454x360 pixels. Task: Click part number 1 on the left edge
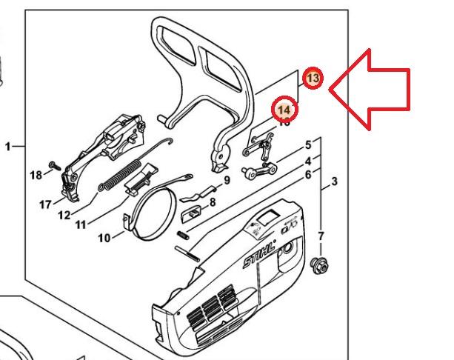[x=8, y=147]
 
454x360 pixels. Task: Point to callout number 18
[x=36, y=175]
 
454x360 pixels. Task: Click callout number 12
[x=64, y=216]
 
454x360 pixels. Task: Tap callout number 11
[x=81, y=224]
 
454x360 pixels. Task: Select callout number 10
[x=104, y=238]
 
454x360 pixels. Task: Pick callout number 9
[x=227, y=180]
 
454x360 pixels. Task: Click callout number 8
[x=212, y=201]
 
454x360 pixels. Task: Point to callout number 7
[x=321, y=236]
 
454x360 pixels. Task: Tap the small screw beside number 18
[x=54, y=164]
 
